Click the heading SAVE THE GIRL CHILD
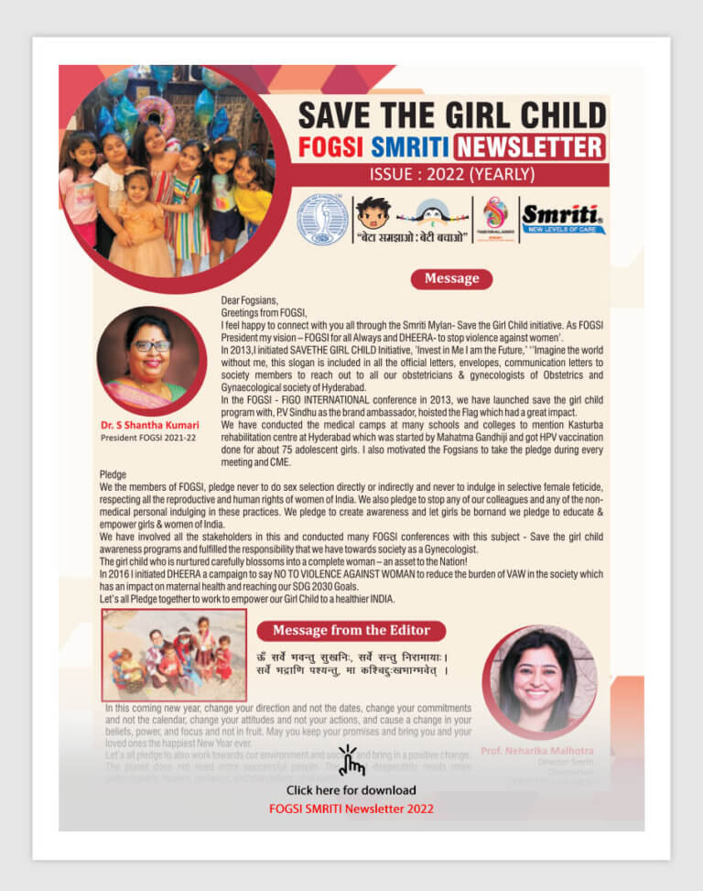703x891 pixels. [x=452, y=115]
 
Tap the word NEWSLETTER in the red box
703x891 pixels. [x=529, y=147]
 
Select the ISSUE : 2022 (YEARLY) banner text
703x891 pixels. [x=452, y=174]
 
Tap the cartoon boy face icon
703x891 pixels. [x=373, y=214]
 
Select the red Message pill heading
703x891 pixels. [x=451, y=278]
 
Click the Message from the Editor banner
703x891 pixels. [x=351, y=630]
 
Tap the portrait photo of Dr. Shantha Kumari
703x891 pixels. [x=150, y=359]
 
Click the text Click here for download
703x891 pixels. [x=351, y=789]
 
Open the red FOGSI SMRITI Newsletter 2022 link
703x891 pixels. [x=351, y=809]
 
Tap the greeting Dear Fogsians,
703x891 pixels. [x=249, y=300]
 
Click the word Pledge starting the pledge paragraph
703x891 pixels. [x=114, y=474]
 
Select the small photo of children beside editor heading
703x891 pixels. [x=174, y=655]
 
